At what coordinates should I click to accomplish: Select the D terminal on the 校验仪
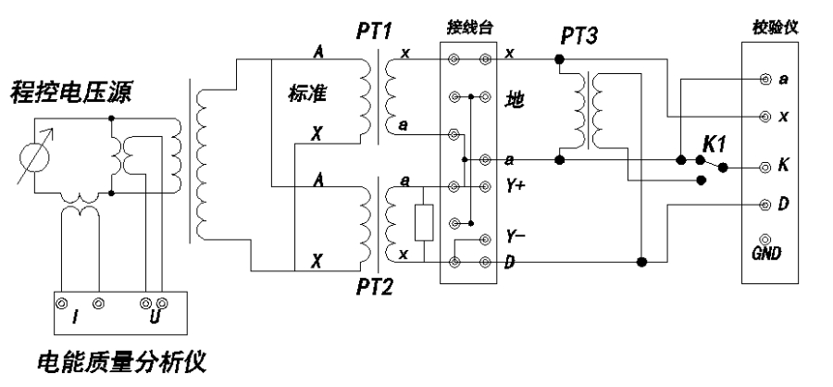[x=765, y=203]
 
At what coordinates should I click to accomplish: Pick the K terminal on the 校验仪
[x=765, y=169]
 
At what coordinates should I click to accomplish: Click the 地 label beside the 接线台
[x=514, y=97]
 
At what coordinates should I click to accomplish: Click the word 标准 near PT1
[x=304, y=94]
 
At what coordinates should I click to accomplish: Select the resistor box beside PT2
[x=424, y=222]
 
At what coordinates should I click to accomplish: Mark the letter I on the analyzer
[x=75, y=319]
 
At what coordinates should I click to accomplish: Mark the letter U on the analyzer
[x=152, y=319]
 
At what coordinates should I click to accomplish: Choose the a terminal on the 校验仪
[x=765, y=80]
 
